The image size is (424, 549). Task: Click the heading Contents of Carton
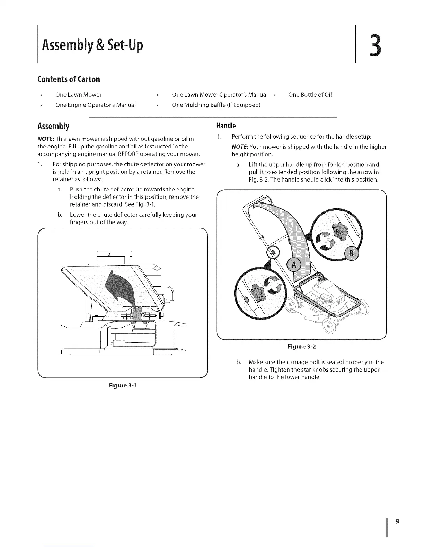tap(69, 79)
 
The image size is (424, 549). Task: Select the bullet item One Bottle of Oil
tap(310, 95)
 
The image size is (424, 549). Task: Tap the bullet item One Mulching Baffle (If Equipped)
tap(216, 105)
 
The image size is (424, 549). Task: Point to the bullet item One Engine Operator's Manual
tap(95, 105)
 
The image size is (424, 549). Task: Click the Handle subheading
tap(226, 125)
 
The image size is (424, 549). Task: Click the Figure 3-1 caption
tap(123, 385)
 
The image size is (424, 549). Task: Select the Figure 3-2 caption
tap(302, 346)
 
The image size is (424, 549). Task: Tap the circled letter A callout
tap(294, 265)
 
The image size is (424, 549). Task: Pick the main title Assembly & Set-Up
tap(92, 45)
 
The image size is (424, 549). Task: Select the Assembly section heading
tap(53, 126)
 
